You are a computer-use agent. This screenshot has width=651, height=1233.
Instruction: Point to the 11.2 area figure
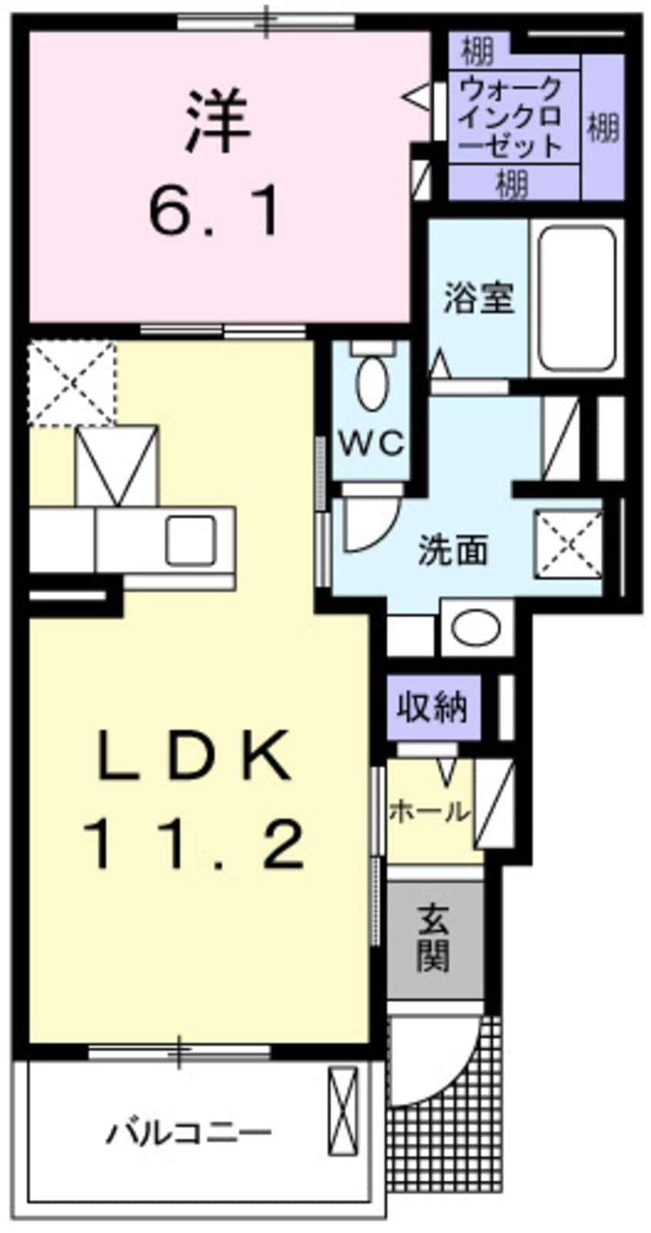point(196,844)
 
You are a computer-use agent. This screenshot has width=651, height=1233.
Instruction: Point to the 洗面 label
point(453,550)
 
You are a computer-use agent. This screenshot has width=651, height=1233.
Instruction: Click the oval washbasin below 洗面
point(477,629)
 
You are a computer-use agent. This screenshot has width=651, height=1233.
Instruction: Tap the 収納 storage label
point(432,706)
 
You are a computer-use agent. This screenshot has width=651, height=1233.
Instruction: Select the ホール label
point(429,810)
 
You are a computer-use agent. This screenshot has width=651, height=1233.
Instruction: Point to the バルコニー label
point(189,1133)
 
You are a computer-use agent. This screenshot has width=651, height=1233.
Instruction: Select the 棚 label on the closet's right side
point(603,126)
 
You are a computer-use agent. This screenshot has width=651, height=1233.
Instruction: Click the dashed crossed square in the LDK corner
point(72,384)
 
